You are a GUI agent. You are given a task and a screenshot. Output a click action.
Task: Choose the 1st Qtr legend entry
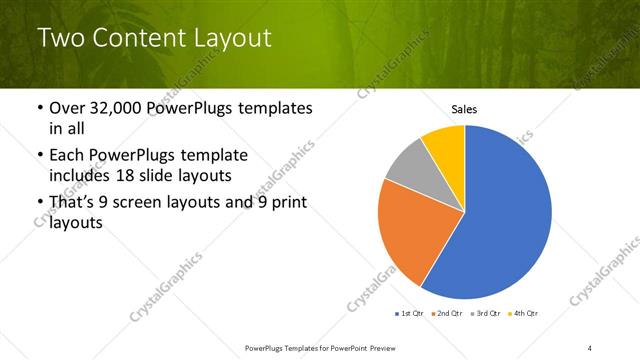[x=410, y=315]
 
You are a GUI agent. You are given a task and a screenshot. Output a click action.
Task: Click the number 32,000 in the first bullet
[x=118, y=108]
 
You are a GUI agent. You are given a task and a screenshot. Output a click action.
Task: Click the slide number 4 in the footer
[x=590, y=347]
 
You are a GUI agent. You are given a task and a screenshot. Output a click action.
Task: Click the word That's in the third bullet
[x=75, y=203]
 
